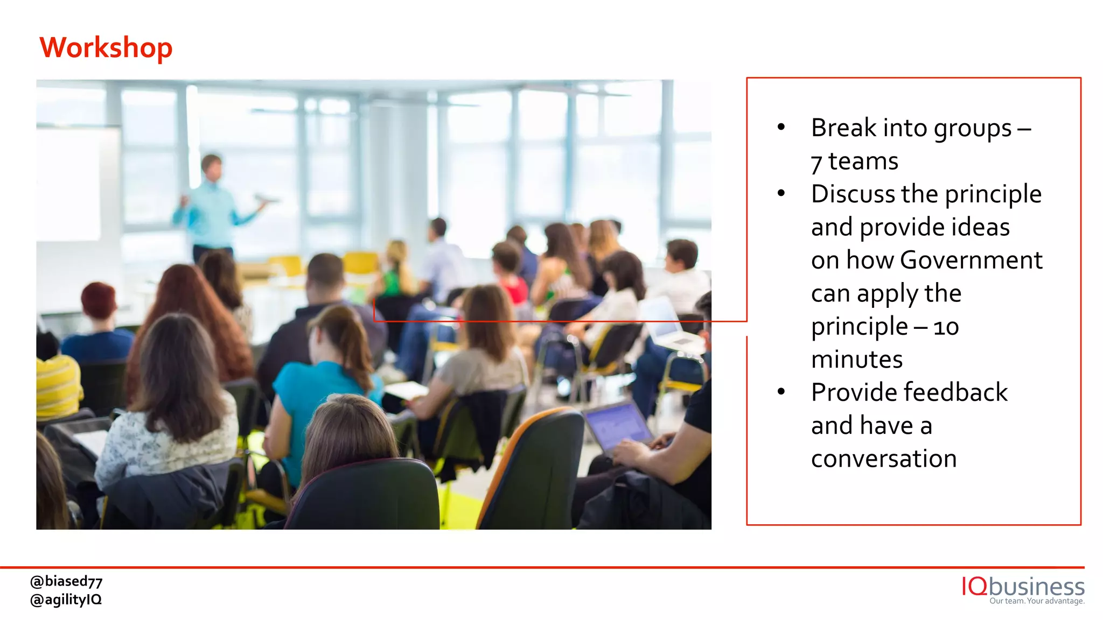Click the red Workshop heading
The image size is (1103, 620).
[x=106, y=47]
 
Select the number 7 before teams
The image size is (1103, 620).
[x=816, y=163]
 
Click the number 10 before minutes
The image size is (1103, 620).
[x=946, y=327]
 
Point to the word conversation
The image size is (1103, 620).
[x=884, y=459]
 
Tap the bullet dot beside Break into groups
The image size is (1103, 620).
[x=781, y=127]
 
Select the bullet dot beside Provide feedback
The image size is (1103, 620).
[x=781, y=392]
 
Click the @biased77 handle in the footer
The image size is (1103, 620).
[x=66, y=581]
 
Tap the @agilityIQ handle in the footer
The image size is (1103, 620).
[x=66, y=600]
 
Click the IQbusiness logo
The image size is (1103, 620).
[x=1023, y=586]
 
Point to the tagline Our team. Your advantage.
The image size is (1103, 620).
[x=1037, y=601]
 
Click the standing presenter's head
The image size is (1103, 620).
[x=212, y=167]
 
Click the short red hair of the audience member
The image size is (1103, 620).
[x=99, y=299]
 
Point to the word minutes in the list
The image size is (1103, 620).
[x=856, y=360]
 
